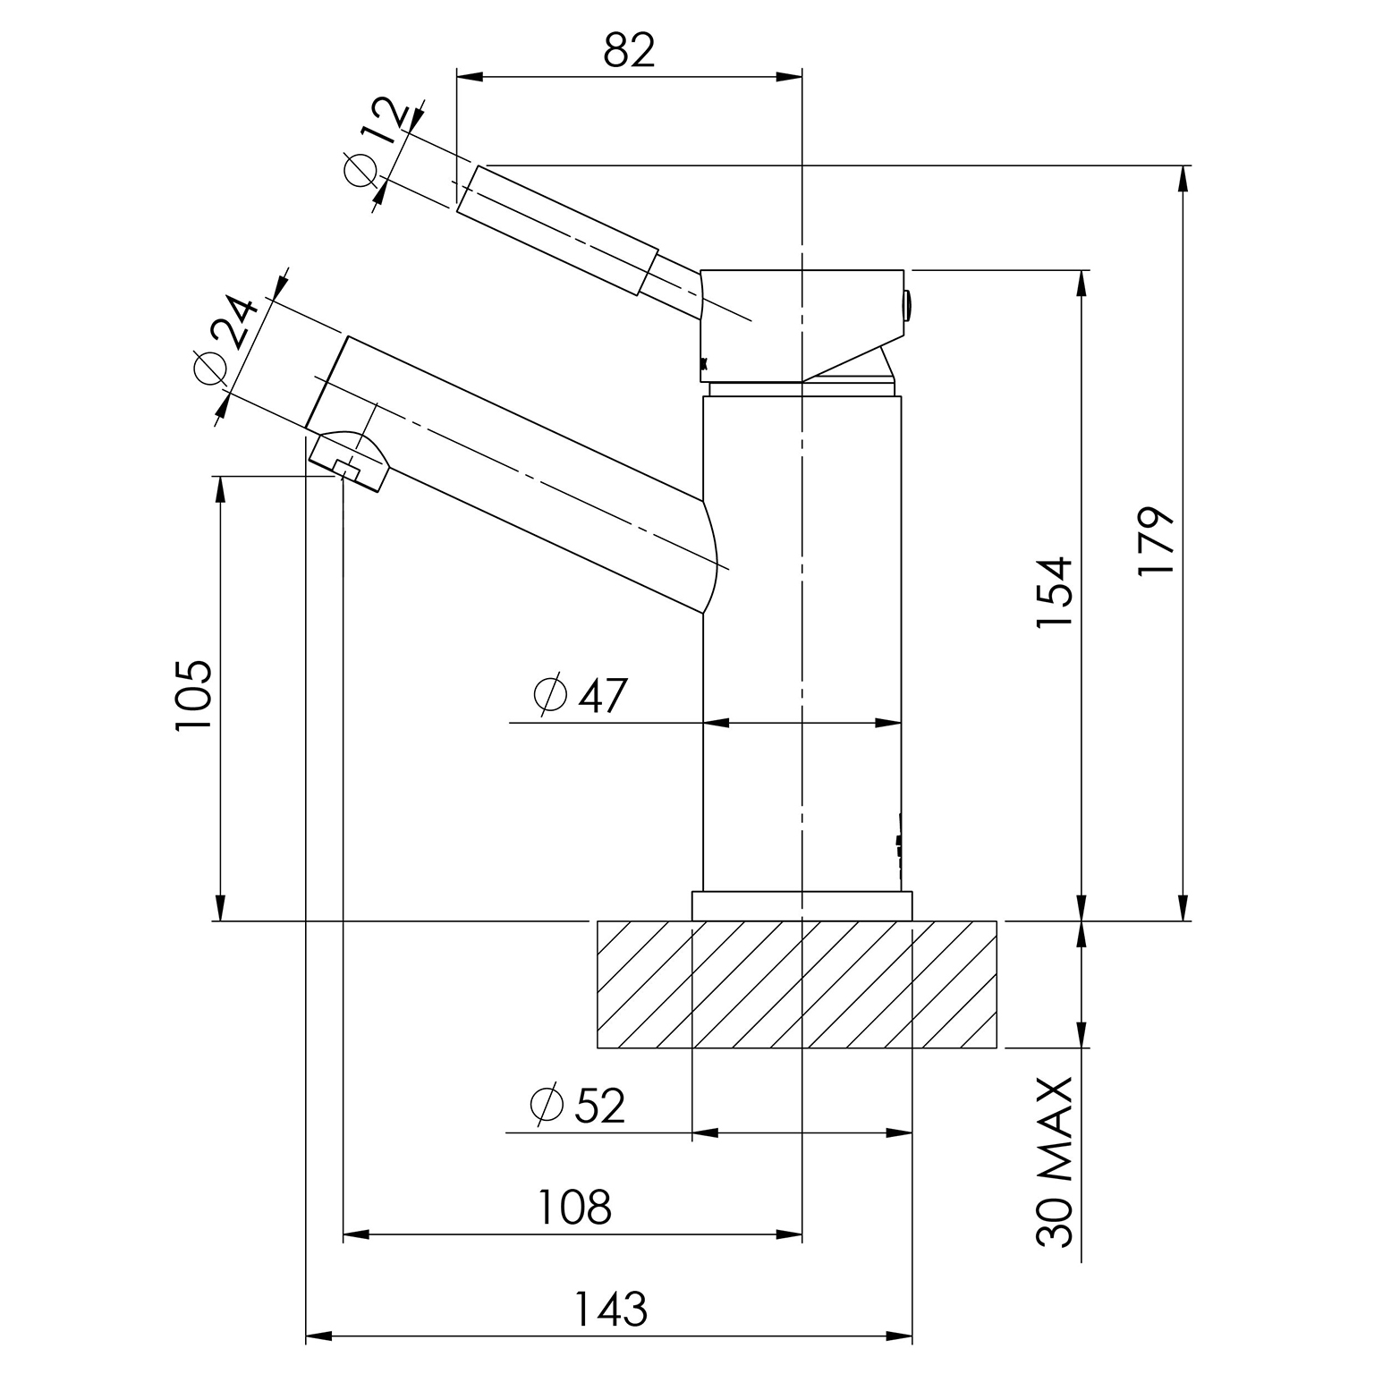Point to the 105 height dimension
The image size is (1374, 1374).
(193, 695)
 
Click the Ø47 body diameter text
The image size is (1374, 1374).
(580, 695)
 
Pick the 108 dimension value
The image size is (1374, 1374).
(573, 1207)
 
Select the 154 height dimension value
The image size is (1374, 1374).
(1054, 592)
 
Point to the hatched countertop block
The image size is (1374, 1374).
(797, 984)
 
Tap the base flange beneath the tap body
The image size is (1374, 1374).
(802, 905)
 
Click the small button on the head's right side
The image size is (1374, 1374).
(907, 306)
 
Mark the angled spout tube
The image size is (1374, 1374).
(514, 474)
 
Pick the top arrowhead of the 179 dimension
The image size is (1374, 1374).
(1184, 179)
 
